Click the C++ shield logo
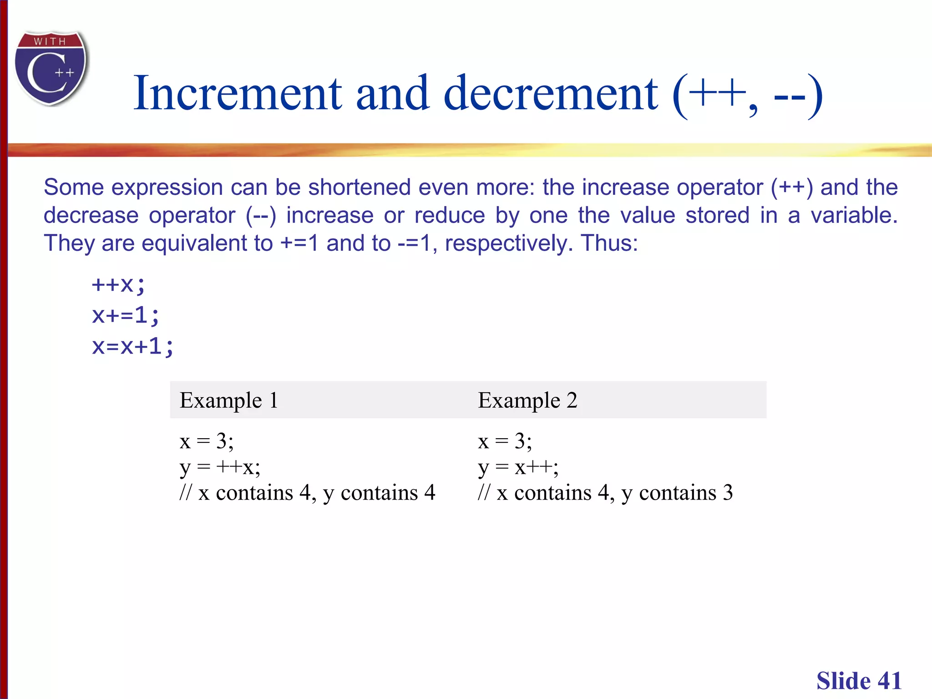(51, 68)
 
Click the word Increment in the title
(237, 94)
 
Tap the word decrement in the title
(550, 94)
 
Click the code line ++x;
(118, 285)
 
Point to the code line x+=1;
(126, 315)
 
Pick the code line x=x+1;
(133, 347)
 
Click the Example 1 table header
(229, 400)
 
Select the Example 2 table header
(527, 400)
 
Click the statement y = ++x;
(220, 467)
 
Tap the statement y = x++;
(518, 467)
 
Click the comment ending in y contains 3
(605, 493)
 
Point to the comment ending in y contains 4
(307, 493)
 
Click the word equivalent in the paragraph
(207, 243)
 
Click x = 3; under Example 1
(207, 441)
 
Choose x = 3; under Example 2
(505, 441)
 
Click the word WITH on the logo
(50, 41)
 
